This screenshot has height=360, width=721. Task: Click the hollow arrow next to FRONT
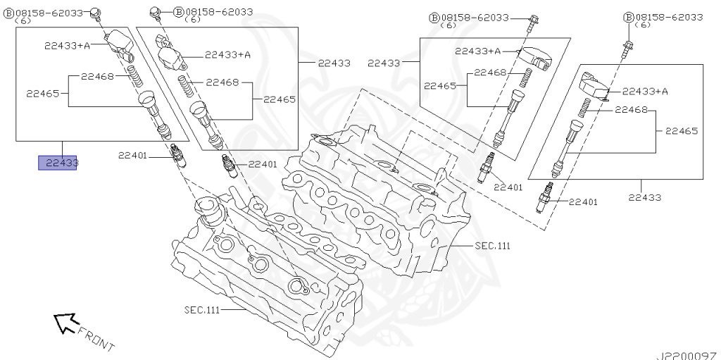pyautogui.click(x=65, y=323)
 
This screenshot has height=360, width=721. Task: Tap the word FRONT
pyautogui.click(x=96, y=338)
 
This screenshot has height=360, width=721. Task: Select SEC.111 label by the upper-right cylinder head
pyautogui.click(x=491, y=246)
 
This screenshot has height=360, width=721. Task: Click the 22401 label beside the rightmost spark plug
pyautogui.click(x=583, y=202)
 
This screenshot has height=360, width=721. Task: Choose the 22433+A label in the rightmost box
pyautogui.click(x=644, y=91)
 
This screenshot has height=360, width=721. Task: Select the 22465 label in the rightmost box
pyautogui.click(x=681, y=130)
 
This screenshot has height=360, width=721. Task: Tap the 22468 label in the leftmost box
pyautogui.click(x=97, y=76)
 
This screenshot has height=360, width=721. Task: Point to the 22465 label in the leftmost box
pyautogui.click(x=42, y=92)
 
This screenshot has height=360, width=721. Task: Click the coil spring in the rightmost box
pyautogui.click(x=583, y=108)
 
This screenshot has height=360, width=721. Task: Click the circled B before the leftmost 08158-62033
pyautogui.click(x=9, y=13)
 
